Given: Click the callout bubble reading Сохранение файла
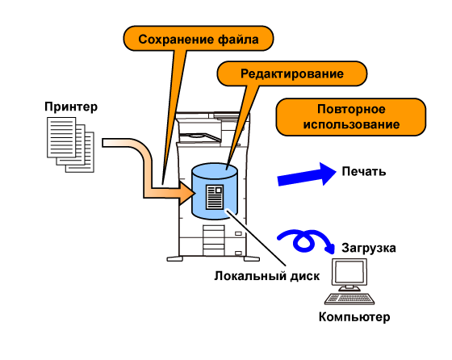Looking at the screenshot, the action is (199, 39).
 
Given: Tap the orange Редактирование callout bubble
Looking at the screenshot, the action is (291, 73).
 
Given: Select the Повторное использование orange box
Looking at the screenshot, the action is (351, 117).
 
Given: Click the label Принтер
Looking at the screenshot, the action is (71, 107).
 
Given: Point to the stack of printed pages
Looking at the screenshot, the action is (71, 144).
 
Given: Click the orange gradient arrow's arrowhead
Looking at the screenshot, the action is (186, 193).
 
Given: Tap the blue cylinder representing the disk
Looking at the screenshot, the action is (215, 191).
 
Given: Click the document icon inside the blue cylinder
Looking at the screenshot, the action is (215, 197).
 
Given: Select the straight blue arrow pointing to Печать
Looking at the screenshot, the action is (307, 174).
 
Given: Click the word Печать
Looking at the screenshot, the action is (364, 171).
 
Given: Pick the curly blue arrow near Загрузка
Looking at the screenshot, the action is (306, 241).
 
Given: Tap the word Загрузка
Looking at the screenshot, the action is (369, 248).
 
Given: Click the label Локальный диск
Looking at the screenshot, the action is (267, 276).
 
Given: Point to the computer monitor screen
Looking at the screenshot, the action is (349, 272).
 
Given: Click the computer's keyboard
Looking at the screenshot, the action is (349, 299).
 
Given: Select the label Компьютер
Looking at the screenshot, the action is (354, 317).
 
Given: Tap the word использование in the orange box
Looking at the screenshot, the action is (351, 125).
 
